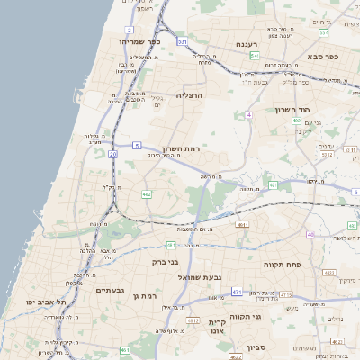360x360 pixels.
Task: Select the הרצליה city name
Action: tap(190, 94)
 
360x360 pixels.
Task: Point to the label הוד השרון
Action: tap(292, 109)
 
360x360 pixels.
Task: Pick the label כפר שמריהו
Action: tap(140, 42)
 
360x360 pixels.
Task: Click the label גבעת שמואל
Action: tap(214, 277)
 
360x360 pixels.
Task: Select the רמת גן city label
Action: tap(144, 295)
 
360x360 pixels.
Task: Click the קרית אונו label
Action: tap(216, 327)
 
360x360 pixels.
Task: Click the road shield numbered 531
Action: tap(183, 41)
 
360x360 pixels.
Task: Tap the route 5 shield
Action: tap(136, 144)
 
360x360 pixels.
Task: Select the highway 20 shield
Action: tap(112, 155)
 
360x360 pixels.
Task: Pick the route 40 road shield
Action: tap(310, 235)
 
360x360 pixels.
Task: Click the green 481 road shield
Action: tap(170, 245)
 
